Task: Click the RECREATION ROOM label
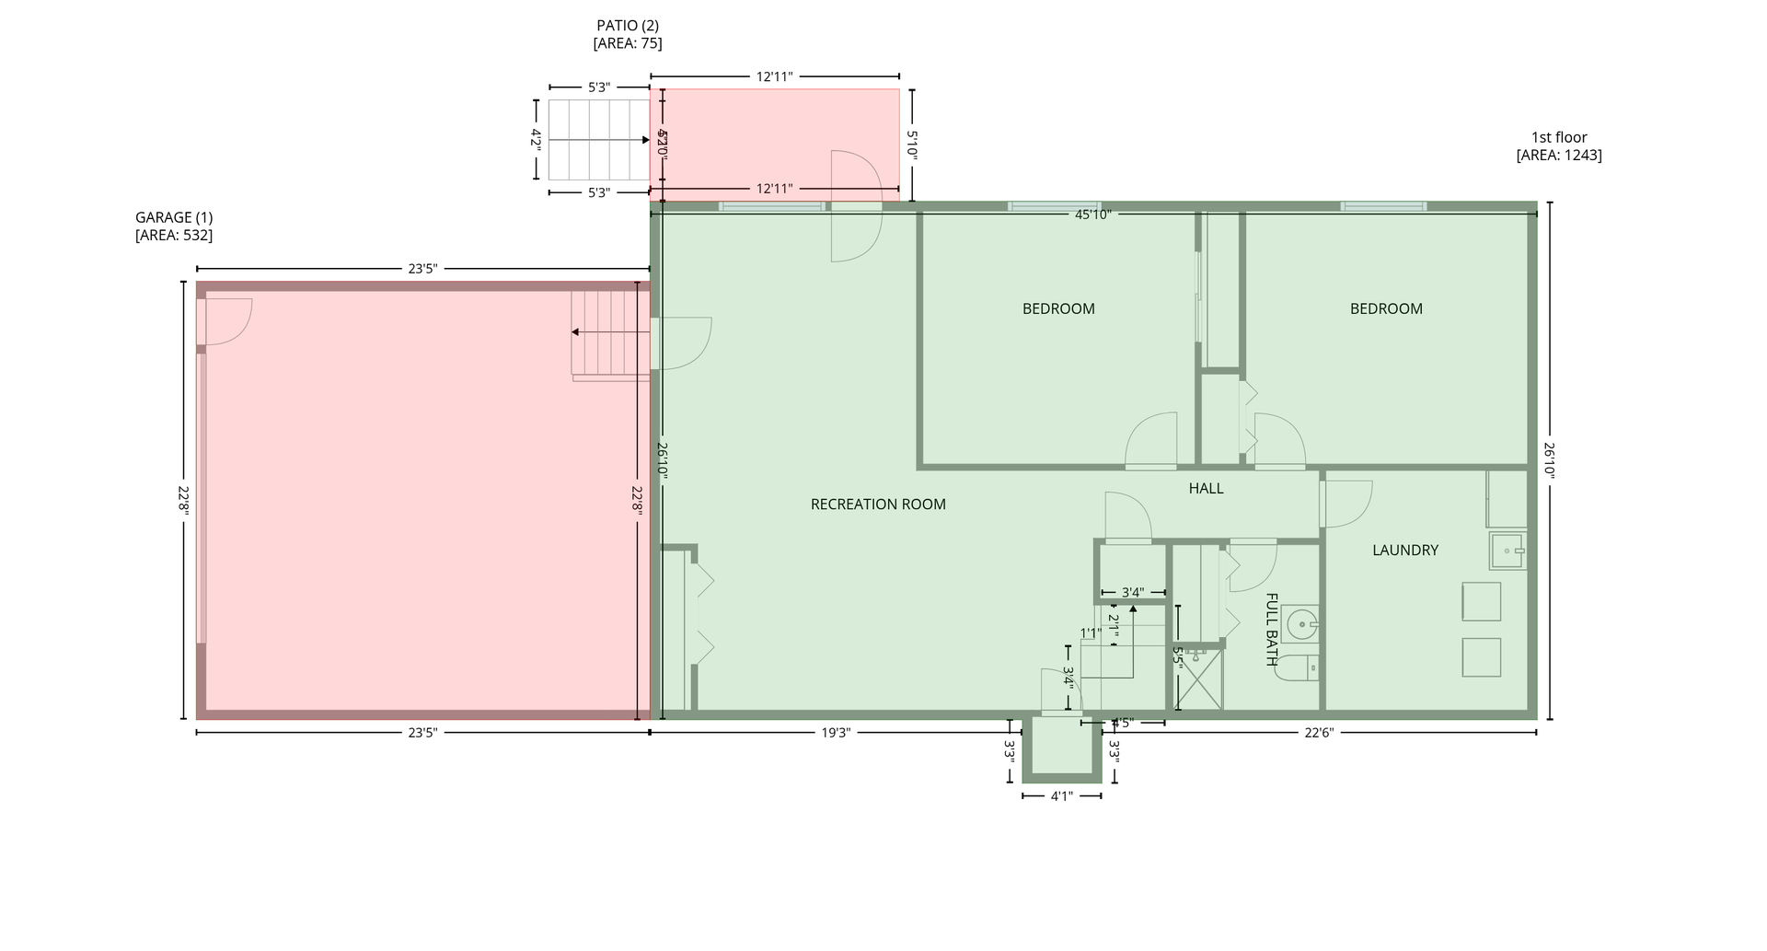[878, 504]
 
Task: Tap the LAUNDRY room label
[1404, 551]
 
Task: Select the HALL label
[1206, 489]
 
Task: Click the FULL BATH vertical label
[1271, 630]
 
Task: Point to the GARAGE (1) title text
[174, 217]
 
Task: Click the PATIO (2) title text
[628, 26]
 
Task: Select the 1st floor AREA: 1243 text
[1558, 156]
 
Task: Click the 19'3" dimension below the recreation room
[835, 733]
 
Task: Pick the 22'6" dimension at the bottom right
[1318, 733]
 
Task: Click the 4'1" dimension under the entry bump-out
[1061, 796]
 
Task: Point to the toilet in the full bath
[1297, 668]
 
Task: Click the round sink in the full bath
[1301, 624]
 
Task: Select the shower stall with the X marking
[1200, 679]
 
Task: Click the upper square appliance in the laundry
[1481, 601]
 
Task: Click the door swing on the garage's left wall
[225, 322]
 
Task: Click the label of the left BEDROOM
[1058, 309]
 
